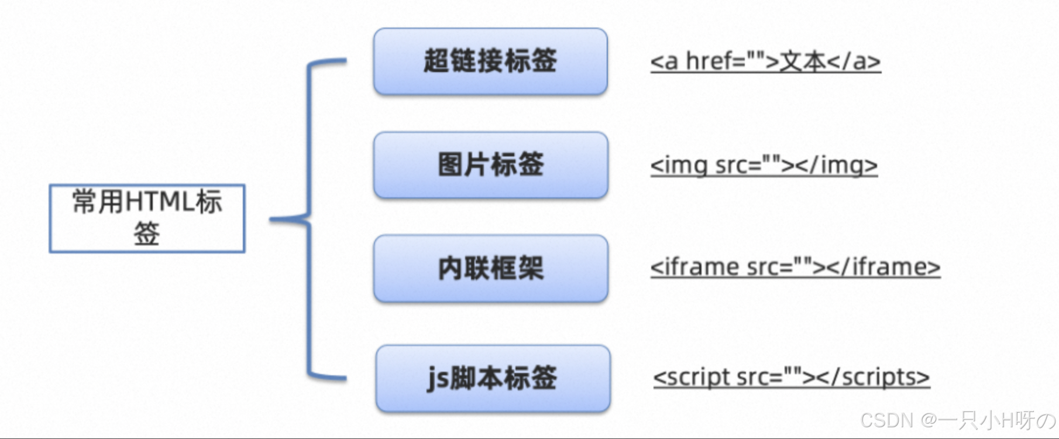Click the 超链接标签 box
click(490, 61)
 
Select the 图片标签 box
click(490, 165)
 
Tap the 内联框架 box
click(490, 269)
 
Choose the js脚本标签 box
click(493, 379)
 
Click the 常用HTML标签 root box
click(147, 218)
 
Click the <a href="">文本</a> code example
click(765, 61)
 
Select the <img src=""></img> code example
click(764, 166)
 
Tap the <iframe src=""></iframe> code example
click(795, 267)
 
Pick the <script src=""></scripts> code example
click(791, 378)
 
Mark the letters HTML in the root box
click(160, 203)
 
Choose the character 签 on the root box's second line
click(146, 234)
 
